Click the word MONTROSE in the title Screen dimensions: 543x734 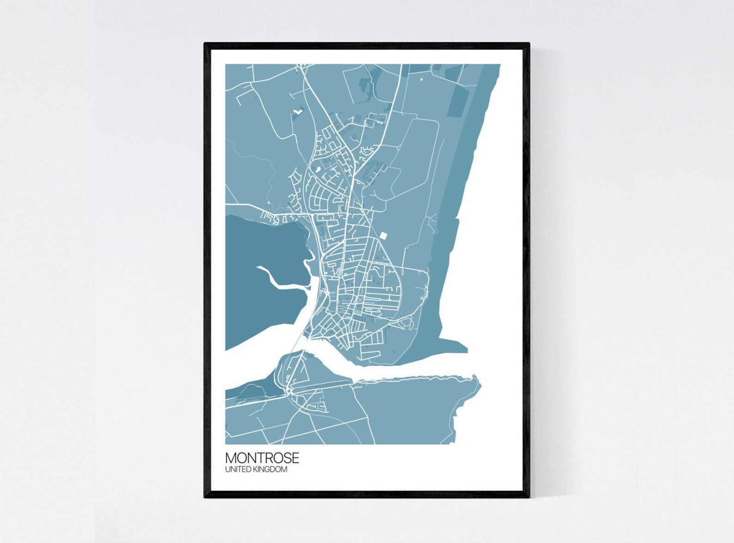click(x=262, y=458)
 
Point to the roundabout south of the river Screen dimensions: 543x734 click(x=288, y=392)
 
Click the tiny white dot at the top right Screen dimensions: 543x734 click(x=421, y=79)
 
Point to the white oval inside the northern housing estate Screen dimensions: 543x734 click(x=318, y=169)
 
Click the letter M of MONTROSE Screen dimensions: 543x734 click(x=231, y=458)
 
